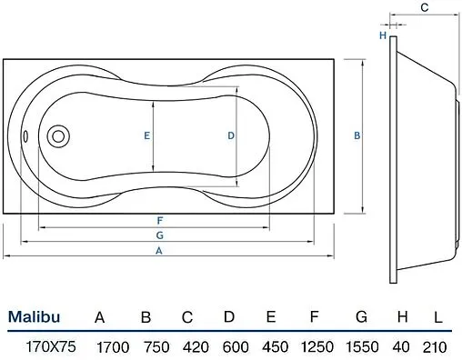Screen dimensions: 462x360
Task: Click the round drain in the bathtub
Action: coord(58,136)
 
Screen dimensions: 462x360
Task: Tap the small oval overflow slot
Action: coord(25,136)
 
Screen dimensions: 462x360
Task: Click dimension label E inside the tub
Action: coord(146,135)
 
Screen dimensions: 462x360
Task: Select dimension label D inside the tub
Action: coord(231,135)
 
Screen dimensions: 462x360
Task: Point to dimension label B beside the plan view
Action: coord(357,135)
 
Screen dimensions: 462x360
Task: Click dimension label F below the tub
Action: coord(160,220)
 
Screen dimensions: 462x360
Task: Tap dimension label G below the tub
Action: coord(160,235)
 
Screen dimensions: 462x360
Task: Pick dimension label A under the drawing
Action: coord(159,251)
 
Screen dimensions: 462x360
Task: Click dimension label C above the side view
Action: coord(425,7)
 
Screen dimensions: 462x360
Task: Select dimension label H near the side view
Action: coord(383,35)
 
